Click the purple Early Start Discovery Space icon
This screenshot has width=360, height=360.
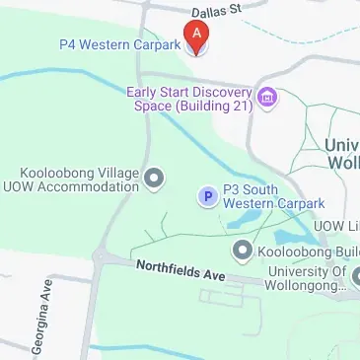pos(266,97)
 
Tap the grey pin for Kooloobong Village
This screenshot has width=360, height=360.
pos(154,179)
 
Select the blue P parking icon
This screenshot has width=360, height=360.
pos(207,196)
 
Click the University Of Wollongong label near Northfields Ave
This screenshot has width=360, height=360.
pos(306,279)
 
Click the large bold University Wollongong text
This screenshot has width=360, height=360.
pos(341,153)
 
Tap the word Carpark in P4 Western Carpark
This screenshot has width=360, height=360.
pos(158,44)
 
